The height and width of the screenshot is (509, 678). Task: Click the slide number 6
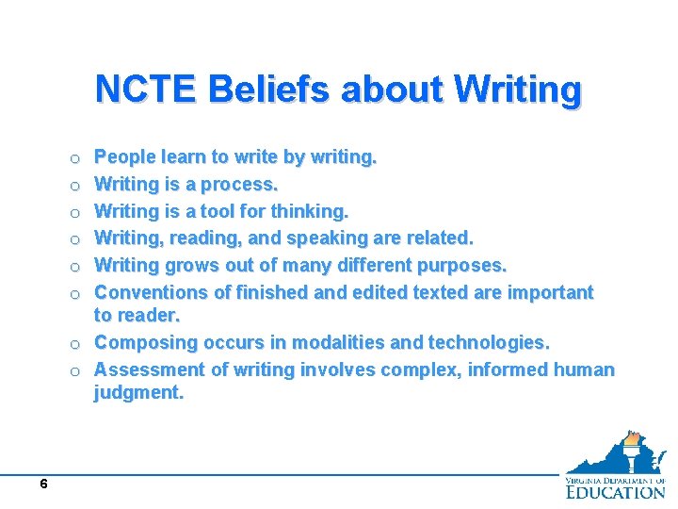pos(43,484)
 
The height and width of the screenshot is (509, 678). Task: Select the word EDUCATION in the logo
pos(615,491)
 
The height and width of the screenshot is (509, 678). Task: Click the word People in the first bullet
pos(126,156)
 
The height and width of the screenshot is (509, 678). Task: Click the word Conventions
pos(154,292)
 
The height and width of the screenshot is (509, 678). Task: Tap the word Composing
pos(144,342)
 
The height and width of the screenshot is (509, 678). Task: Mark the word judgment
pos(138,392)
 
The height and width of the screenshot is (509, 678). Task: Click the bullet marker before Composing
pos(74,343)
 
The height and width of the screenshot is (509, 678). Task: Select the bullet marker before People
pos(74,157)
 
